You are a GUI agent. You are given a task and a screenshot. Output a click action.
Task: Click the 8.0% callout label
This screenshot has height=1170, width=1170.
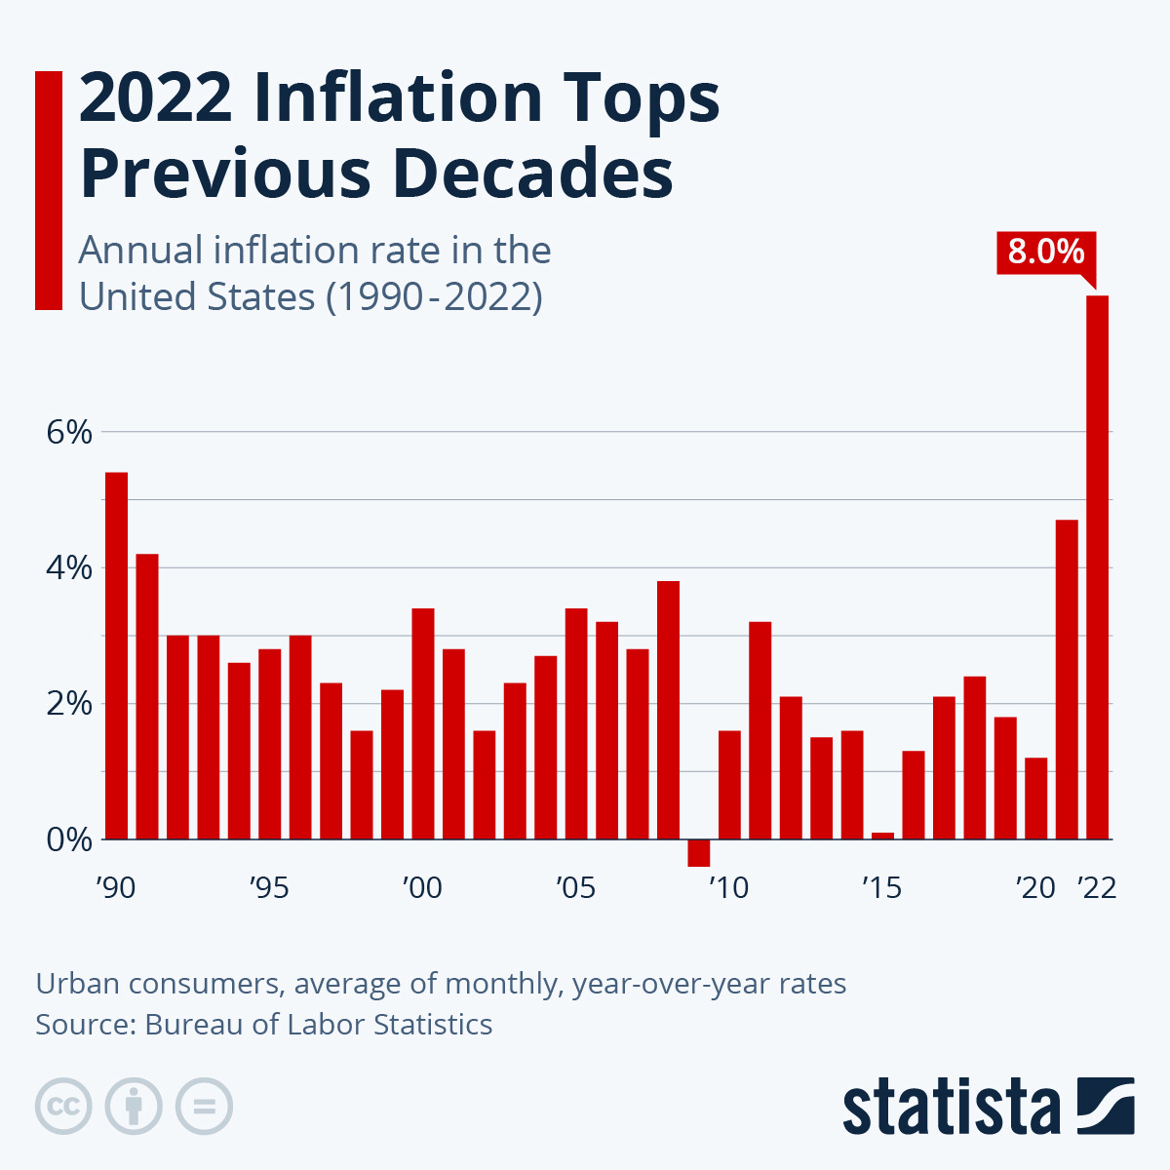[1046, 253]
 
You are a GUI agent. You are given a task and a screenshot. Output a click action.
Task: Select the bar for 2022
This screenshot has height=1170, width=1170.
[1098, 566]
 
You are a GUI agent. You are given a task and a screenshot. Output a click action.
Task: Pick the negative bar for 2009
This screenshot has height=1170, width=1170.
[698, 853]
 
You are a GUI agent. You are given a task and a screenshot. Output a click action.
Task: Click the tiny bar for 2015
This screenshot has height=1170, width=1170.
[882, 836]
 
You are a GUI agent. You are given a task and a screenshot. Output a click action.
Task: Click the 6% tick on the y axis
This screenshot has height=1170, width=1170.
[68, 432]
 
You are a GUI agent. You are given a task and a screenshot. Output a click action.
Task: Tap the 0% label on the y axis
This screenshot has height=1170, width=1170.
[68, 839]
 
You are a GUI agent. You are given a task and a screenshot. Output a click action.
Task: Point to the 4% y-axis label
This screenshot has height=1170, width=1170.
[68, 567]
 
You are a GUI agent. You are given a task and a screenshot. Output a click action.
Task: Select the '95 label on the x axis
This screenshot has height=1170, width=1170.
[269, 888]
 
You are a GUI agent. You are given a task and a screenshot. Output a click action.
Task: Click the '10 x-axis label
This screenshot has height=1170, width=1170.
[728, 888]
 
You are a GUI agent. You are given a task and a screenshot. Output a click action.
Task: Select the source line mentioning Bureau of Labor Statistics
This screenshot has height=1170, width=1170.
[263, 1025]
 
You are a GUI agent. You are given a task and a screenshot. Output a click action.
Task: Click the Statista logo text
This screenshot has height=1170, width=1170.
[952, 1109]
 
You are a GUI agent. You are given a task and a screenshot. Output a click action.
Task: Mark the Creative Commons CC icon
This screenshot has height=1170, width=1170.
[63, 1107]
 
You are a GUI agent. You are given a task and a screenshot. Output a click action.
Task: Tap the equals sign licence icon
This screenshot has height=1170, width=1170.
[204, 1107]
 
